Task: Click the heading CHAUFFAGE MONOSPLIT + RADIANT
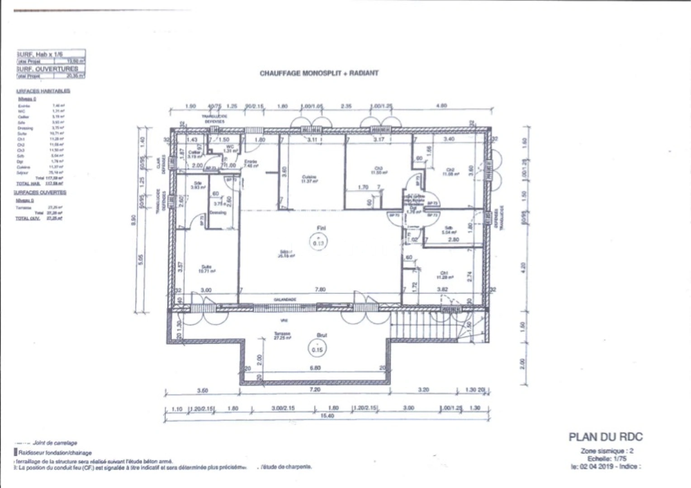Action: (319, 73)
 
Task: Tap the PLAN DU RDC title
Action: (605, 437)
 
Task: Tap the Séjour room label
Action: (286, 253)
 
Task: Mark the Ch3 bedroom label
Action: (377, 170)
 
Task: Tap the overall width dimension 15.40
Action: (327, 416)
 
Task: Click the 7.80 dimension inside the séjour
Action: (320, 290)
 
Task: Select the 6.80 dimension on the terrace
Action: (315, 368)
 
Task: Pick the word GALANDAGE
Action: (285, 300)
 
